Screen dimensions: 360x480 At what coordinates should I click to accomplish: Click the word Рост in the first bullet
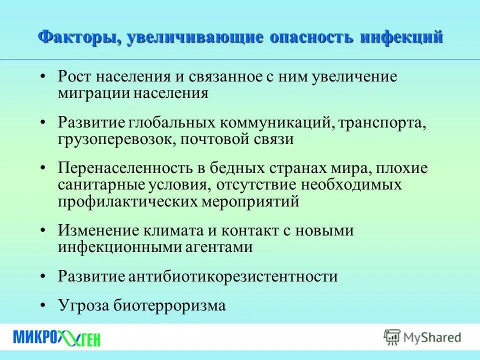point(74,76)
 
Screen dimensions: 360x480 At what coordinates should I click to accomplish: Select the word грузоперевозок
point(114,139)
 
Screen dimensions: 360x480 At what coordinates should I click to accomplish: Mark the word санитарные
point(101,185)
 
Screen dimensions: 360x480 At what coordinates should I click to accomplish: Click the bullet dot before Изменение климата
point(43,230)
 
